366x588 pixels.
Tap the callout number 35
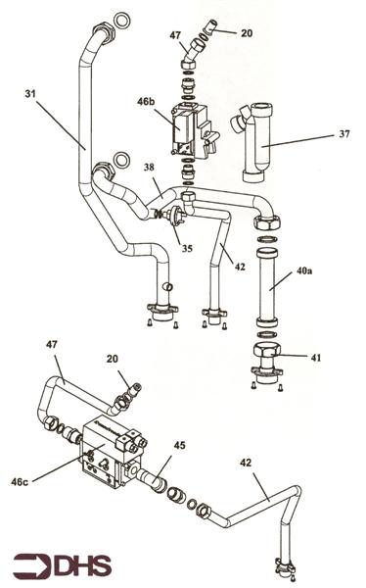tap(186, 248)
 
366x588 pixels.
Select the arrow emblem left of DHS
tap(29, 564)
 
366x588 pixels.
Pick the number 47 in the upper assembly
tap(175, 36)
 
